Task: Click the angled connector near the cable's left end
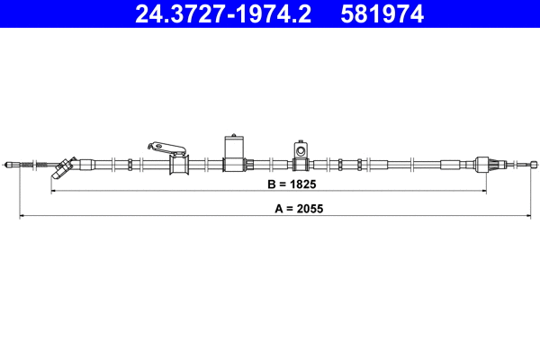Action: click(64, 167)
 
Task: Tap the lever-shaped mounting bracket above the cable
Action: click(166, 146)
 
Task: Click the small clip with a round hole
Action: click(300, 149)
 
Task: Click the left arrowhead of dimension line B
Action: click(54, 192)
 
